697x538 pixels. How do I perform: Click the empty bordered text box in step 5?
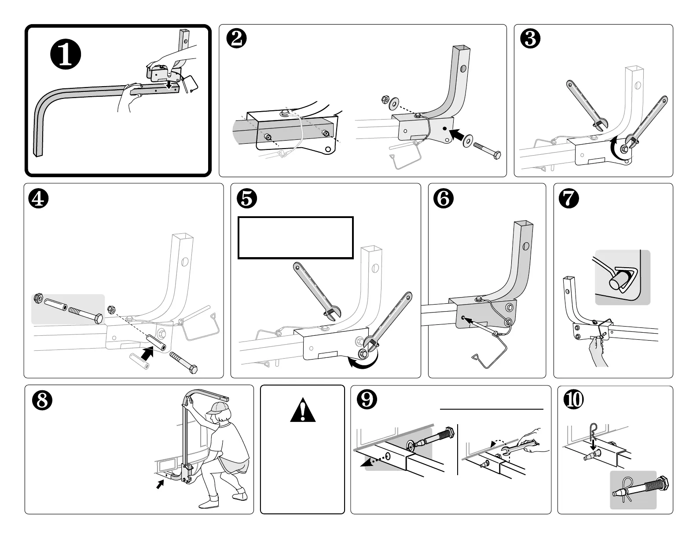pyautogui.click(x=295, y=237)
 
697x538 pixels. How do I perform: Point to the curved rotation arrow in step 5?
pyautogui.click(x=363, y=363)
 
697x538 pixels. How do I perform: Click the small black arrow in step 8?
pyautogui.click(x=161, y=484)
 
